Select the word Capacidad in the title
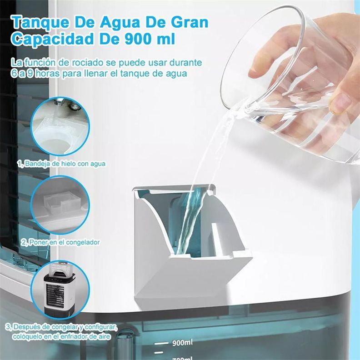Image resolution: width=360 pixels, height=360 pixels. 52,40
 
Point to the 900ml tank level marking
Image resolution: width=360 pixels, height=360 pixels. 182,343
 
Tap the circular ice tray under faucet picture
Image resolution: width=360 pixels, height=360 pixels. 60,126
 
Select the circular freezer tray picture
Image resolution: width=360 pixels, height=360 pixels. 60,205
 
